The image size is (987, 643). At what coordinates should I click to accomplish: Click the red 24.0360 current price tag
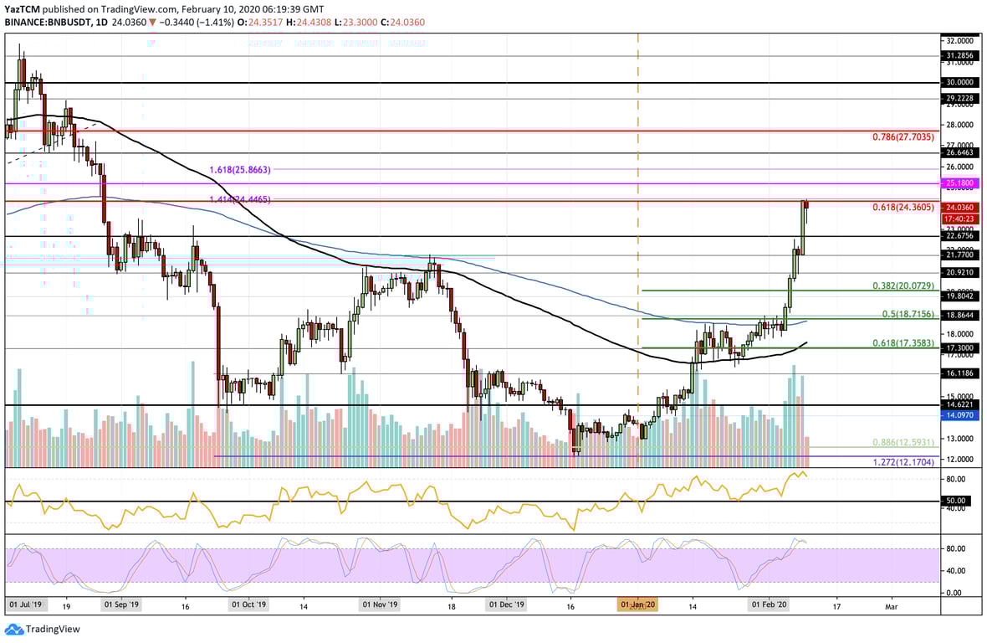958,208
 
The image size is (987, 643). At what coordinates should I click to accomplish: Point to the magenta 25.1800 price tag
958,182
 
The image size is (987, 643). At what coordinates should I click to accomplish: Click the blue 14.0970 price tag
958,414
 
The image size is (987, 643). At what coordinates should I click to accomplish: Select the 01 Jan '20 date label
637,604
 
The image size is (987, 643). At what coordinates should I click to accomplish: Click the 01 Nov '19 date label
379,604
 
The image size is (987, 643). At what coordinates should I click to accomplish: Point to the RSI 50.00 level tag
955,501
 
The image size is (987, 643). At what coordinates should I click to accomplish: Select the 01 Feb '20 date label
769,604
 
